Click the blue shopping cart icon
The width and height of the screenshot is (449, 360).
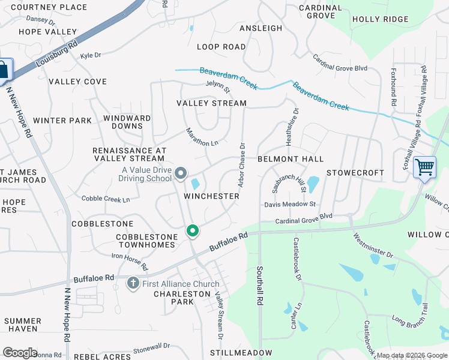pyautogui.click(x=424, y=166)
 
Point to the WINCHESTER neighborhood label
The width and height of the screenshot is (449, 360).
pyautogui.click(x=208, y=196)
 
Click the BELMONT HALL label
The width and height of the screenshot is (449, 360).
pyautogui.click(x=291, y=159)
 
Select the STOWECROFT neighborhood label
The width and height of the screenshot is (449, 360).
pyautogui.click(x=355, y=173)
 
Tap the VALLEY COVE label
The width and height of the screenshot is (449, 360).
pyautogui.click(x=77, y=82)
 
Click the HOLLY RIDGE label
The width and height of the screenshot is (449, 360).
pyautogui.click(x=380, y=19)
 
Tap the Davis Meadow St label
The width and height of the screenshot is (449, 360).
pyautogui.click(x=290, y=205)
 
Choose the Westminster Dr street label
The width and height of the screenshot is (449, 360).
pyautogui.click(x=373, y=246)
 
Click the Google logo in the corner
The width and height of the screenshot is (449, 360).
pyautogui.click(x=20, y=353)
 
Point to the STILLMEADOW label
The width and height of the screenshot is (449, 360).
pyautogui.click(x=241, y=353)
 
